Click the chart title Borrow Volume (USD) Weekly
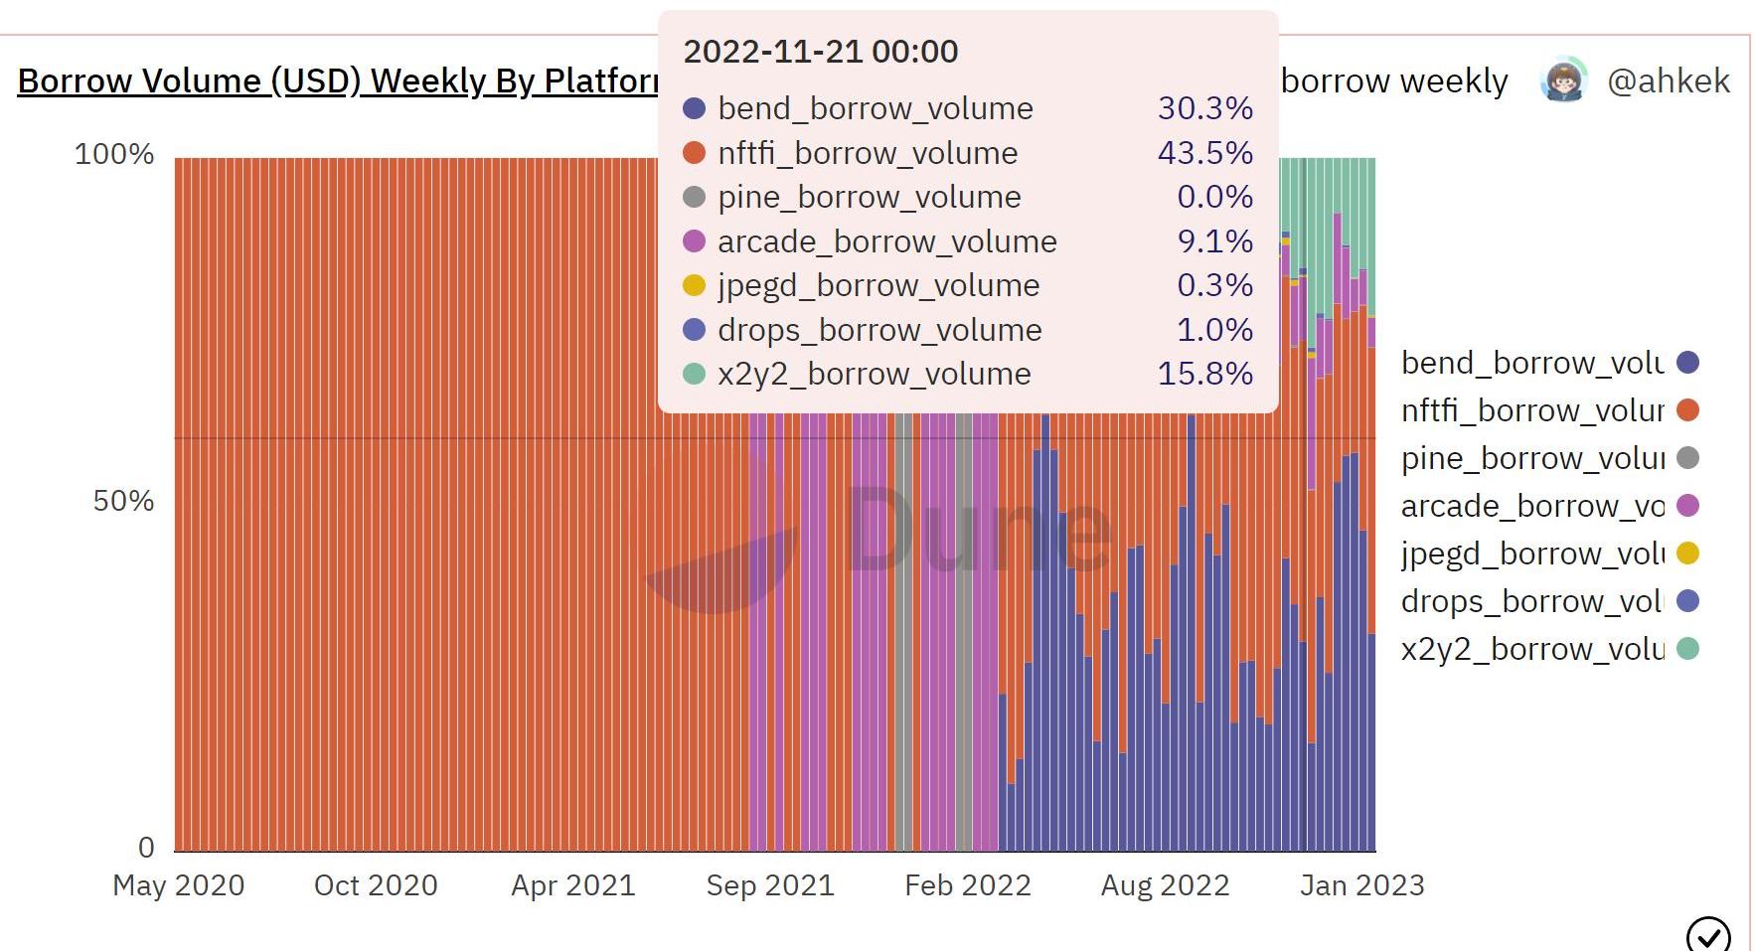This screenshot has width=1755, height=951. pos(338,81)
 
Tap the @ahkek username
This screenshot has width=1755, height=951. pos(1669,81)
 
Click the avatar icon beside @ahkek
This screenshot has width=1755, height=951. pos(1563,80)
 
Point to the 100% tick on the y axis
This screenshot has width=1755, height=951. pos(114,155)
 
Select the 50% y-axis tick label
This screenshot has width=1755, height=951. pos(123,501)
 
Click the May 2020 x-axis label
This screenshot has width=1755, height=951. pos(179,885)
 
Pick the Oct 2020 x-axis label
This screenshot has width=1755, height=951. pos(376,885)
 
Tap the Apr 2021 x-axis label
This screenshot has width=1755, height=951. pos(573,885)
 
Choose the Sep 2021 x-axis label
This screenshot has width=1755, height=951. pos(770,885)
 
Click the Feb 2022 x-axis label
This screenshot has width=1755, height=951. pos(968,885)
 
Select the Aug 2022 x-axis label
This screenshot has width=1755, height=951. pos(1165,885)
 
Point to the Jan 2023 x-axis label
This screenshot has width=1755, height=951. pos(1362,885)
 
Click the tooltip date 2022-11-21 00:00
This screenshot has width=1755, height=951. pos(821,52)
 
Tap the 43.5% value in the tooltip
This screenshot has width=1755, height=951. pos(1204,153)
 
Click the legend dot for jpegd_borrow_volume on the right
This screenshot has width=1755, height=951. pos(1687,554)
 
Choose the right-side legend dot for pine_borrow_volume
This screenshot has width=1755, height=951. pos(1687,458)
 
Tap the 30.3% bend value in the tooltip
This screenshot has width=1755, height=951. pos(1204,108)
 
